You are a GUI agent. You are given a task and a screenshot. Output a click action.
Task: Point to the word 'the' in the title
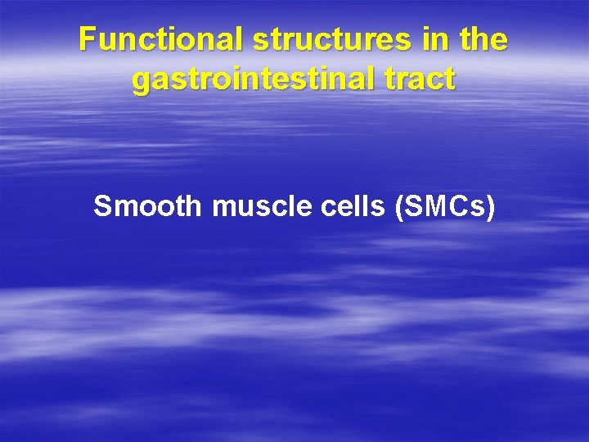click(x=479, y=39)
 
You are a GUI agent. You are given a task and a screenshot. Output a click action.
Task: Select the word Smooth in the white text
click(x=147, y=207)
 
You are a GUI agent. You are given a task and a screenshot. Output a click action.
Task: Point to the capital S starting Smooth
click(x=102, y=207)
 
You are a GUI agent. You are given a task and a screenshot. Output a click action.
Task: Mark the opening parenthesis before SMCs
click(x=399, y=208)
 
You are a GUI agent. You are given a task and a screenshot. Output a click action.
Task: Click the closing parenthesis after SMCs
click(x=491, y=208)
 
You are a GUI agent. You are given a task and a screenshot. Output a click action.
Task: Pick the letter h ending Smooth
click(x=193, y=207)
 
